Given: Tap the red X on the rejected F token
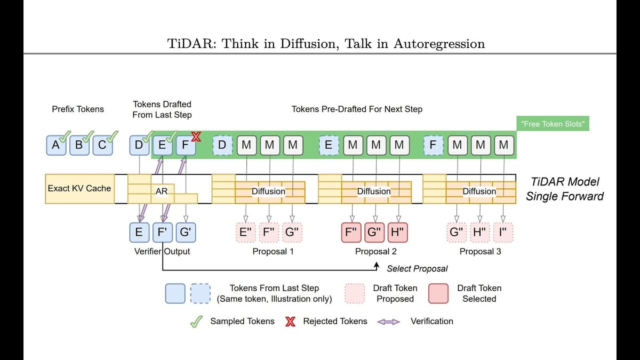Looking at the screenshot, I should pos(196,137).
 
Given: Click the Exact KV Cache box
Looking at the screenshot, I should pos(79,188).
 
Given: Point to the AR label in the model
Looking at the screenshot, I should pos(162,191).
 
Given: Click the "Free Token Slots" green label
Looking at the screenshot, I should pos(553,124).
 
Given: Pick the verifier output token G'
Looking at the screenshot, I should pos(186,232).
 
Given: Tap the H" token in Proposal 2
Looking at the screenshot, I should pos(397,232).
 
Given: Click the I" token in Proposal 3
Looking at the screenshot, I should pos(502,232).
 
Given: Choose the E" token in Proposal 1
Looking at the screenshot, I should pos(246,232).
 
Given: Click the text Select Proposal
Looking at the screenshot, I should pos(417,268).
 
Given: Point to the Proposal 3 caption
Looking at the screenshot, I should pos(480,251).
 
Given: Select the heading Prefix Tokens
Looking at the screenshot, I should pos(78,109).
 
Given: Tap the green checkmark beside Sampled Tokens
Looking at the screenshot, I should pos(197,321).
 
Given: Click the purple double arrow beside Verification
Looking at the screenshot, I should pos(388,322).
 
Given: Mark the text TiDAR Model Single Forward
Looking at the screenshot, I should pos(565,189).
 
